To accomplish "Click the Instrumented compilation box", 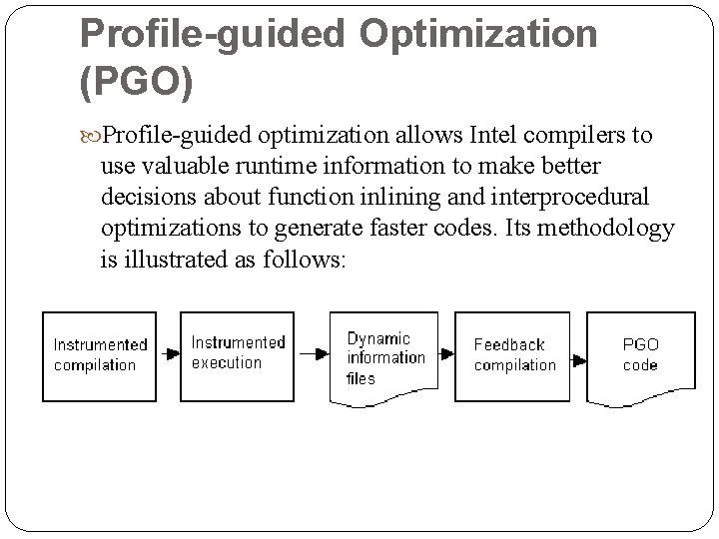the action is click(x=100, y=355).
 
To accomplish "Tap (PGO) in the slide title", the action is click(x=136, y=83).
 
